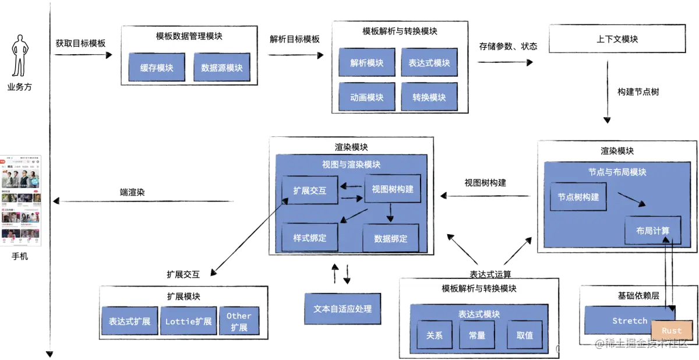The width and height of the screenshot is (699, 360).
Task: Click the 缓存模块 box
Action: pyautogui.click(x=157, y=68)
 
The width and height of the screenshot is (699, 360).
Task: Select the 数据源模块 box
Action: pyautogui.click(x=221, y=68)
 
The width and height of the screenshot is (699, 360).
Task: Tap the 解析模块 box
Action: pyautogui.click(x=367, y=63)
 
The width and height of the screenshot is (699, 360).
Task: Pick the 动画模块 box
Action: pyautogui.click(x=367, y=97)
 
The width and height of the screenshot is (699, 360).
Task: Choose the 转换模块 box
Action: pyautogui.click(x=429, y=97)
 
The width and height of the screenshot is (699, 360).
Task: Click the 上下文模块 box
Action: pyautogui.click(x=617, y=39)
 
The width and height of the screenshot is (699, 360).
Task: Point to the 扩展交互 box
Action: pyautogui.click(x=310, y=190)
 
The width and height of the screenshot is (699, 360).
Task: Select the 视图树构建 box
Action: pyautogui.click(x=393, y=189)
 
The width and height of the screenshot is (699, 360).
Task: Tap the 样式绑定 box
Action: pyautogui.click(x=310, y=237)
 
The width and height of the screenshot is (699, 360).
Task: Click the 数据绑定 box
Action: pyautogui.click(x=390, y=238)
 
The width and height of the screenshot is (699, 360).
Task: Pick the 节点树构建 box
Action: pyautogui.click(x=578, y=197)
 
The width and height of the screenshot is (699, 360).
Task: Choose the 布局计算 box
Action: pyautogui.click(x=653, y=231)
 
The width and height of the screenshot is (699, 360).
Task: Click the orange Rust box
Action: pyautogui.click(x=672, y=331)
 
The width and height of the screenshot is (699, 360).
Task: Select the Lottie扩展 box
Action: pyautogui.click(x=188, y=321)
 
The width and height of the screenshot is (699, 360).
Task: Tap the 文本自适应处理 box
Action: pyautogui.click(x=343, y=309)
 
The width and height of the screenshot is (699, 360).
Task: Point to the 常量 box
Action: pyautogui.click(x=477, y=335)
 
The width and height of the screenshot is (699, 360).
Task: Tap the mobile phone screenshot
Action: pyautogui.click(x=20, y=200)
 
